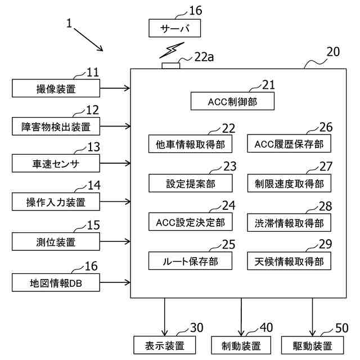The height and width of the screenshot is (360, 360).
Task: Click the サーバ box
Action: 174,28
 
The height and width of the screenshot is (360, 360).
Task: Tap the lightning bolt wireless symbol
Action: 172,50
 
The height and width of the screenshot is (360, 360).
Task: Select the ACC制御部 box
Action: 232,101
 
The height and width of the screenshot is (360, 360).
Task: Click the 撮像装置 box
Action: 56,88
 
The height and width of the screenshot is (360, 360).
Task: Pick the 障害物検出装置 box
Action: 56,126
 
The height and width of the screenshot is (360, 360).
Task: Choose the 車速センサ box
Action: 56,163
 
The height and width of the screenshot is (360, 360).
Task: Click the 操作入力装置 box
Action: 56,202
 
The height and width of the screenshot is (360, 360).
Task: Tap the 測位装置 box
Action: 56,241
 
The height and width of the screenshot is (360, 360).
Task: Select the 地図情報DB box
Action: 56,282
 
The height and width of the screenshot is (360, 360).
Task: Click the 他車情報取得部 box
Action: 190,144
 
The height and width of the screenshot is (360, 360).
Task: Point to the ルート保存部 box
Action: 190,261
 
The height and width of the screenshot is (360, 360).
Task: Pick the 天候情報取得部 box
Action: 289,261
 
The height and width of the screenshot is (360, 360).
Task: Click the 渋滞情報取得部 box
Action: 289,223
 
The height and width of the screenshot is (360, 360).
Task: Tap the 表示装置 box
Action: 165,345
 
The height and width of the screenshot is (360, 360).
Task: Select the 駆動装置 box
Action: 313,345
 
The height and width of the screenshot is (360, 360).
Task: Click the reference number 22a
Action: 204,57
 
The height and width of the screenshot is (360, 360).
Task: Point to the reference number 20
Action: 333,52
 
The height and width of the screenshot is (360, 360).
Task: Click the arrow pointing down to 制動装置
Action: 241,317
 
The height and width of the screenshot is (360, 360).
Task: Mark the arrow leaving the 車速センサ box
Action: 115,163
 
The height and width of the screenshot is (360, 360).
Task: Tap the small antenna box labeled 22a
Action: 171,66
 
